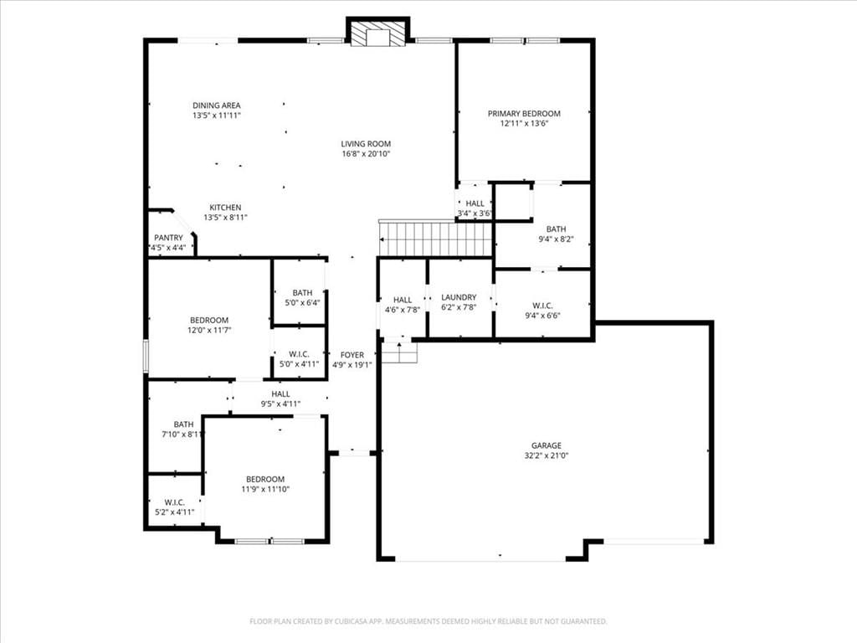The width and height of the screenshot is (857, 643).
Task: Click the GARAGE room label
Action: pos(546,445)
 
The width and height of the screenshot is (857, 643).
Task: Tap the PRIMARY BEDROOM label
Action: pos(524,114)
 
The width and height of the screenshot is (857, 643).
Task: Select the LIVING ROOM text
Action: pos(367,144)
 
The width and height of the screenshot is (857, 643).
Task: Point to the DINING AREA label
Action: pos(217,105)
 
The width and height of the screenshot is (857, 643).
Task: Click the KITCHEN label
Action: pos(225,208)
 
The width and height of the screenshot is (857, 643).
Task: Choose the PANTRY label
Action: pos(168,238)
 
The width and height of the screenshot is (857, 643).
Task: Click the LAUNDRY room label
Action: pos(459,297)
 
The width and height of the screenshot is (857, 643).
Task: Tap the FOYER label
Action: pos(352,355)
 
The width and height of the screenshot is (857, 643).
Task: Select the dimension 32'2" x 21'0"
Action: pos(546,455)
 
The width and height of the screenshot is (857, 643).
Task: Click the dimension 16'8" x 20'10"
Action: pos(367,154)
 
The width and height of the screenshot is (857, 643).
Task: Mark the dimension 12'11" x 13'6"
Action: pos(524,124)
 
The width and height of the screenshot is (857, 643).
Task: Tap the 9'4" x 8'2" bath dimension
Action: pos(557,239)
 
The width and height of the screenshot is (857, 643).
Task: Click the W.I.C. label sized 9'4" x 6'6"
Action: pos(542,306)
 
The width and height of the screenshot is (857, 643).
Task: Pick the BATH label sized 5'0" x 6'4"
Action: pos(302,293)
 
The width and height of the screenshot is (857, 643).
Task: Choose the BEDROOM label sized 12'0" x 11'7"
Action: pos(209,321)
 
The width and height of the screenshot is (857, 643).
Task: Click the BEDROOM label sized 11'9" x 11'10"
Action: pos(265,480)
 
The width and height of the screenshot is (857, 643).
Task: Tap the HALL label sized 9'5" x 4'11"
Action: pos(281,394)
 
